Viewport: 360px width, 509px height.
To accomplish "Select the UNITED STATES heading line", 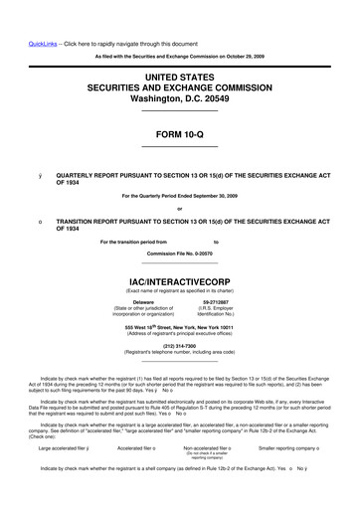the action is [x=179, y=76].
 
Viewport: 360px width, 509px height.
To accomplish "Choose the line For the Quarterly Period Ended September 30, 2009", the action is [x=179, y=195].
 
